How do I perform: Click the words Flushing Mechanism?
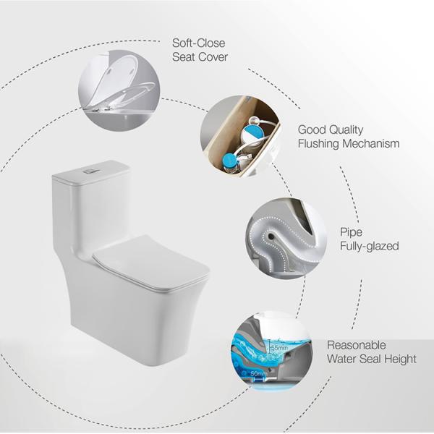coord(348,144)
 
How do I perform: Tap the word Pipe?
coord(351,232)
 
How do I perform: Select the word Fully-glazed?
coord(369,246)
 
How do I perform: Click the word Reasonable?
coord(356,345)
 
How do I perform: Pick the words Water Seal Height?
coord(371,359)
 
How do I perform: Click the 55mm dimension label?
coord(279,349)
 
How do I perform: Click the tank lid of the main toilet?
coord(91,172)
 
